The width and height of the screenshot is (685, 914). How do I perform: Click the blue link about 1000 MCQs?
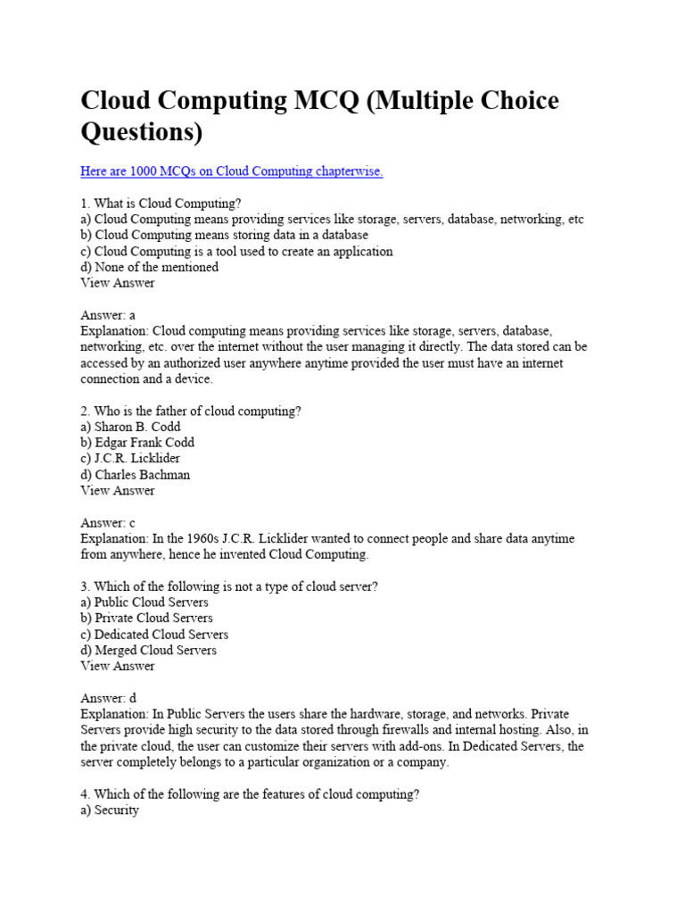(231, 171)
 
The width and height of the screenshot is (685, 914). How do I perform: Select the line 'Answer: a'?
(107, 315)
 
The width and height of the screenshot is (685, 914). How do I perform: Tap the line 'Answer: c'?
(107, 523)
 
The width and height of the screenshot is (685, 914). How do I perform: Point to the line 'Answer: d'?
(108, 698)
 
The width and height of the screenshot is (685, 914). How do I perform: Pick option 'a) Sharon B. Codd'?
(130, 427)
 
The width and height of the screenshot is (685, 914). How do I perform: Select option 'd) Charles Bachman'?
(135, 475)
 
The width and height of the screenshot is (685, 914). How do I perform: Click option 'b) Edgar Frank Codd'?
(137, 443)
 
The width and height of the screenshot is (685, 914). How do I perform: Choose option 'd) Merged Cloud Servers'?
(148, 650)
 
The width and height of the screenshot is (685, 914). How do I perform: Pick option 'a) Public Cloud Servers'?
(144, 602)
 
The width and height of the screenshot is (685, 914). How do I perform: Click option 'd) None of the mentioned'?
(149, 267)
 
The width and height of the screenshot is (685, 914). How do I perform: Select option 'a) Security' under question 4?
(110, 810)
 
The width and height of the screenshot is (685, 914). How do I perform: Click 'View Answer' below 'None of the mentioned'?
(117, 283)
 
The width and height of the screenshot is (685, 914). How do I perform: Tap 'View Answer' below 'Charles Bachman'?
(117, 491)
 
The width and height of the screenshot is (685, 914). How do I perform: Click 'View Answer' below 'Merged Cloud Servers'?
(117, 666)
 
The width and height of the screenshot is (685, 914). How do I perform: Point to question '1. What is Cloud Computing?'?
(161, 204)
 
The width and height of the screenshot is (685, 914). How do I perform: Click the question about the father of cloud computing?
(191, 411)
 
